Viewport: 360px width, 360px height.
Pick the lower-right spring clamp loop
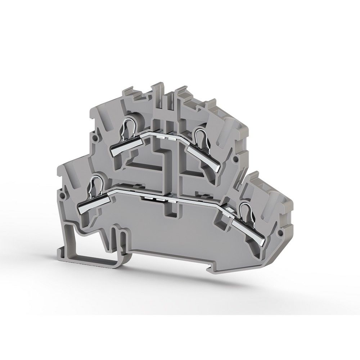246,211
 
